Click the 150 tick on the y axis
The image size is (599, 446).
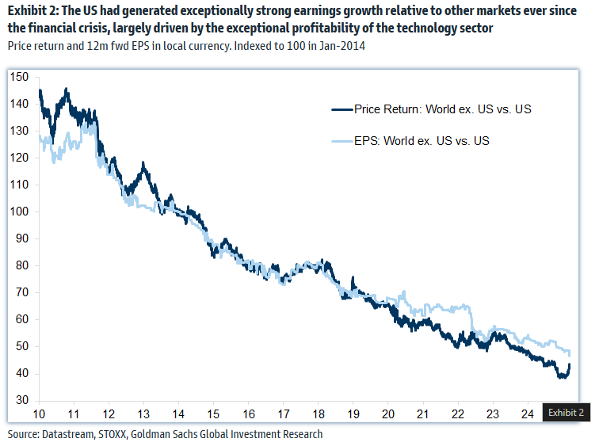tap(21, 77)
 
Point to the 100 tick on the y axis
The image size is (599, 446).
tap(21, 212)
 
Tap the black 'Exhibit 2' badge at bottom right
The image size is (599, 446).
tap(566, 413)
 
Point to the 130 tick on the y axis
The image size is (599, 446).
tap(21, 132)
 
